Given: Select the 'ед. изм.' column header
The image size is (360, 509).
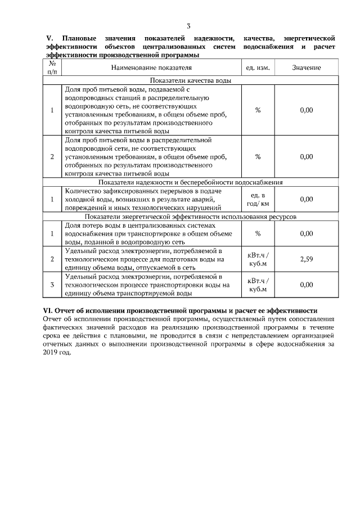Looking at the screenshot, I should click(x=258, y=67).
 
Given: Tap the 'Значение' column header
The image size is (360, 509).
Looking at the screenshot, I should click(x=306, y=67).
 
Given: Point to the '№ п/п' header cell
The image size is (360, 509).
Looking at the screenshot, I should click(x=52, y=67).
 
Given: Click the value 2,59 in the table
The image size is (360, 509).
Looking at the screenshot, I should click(x=306, y=259).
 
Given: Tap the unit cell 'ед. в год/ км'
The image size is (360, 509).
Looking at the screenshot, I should click(x=258, y=199).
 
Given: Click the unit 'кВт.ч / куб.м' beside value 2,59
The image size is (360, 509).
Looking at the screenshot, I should click(x=258, y=259).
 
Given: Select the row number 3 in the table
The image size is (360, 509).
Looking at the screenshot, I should click(x=52, y=285).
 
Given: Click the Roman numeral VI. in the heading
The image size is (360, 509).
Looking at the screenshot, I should click(x=48, y=310).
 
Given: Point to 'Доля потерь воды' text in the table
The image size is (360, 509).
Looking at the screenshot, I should click(x=92, y=225).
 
